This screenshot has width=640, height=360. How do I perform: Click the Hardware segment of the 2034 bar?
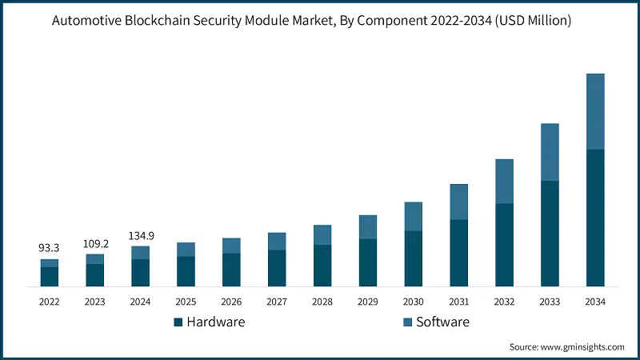tap(595, 218)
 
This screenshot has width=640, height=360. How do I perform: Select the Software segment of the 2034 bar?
tap(595, 111)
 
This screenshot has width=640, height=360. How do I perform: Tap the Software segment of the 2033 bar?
tap(550, 152)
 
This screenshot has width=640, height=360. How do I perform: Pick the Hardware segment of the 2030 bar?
tap(413, 258)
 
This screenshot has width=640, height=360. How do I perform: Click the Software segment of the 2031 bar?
tap(458, 202)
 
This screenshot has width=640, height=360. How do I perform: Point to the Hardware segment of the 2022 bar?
tap(50, 276)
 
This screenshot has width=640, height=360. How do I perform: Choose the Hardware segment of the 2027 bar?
tap(277, 268)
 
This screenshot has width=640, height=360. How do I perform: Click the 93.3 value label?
tap(50, 249)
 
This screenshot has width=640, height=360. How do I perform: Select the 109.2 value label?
tap(95, 243)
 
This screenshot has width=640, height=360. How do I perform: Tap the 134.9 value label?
tap(141, 235)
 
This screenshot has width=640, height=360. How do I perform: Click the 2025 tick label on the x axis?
tap(186, 302)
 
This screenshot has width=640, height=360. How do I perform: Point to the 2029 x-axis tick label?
tap(367, 302)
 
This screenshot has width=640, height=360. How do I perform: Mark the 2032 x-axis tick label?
tap(504, 302)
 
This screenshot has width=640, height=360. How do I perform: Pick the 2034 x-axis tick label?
tap(595, 302)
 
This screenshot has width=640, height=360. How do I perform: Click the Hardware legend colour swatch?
tap(178, 322)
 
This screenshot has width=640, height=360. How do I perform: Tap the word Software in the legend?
tap(442, 322)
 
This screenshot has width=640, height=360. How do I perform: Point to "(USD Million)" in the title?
tap(531, 22)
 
